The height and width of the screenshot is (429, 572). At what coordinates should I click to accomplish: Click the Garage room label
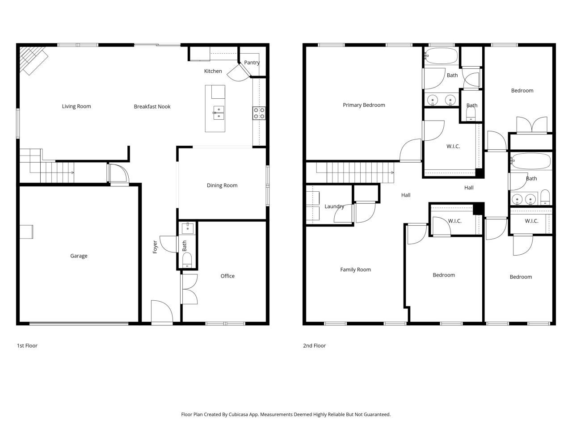coord(79,256)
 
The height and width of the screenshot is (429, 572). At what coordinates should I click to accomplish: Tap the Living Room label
coord(76,106)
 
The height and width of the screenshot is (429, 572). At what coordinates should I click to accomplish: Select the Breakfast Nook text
coord(152,106)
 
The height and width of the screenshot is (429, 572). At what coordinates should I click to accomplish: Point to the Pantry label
coord(252,63)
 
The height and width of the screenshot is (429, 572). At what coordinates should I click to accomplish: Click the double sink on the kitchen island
coord(219,113)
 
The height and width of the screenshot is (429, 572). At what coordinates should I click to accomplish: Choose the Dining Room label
coord(222,185)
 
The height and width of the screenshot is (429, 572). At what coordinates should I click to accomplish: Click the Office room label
coord(227,276)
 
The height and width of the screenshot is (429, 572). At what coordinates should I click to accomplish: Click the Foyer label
coord(155,247)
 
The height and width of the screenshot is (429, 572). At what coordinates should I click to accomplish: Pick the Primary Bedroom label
coord(364,105)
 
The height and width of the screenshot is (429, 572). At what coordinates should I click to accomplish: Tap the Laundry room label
coord(334,206)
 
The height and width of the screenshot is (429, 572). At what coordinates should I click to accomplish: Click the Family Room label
coord(355,269)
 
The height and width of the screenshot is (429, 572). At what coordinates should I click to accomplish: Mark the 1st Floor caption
coord(27,345)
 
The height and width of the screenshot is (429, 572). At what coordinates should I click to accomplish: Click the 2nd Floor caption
coord(314,345)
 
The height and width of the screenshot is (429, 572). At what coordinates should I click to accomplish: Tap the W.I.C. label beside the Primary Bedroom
coord(453,147)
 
